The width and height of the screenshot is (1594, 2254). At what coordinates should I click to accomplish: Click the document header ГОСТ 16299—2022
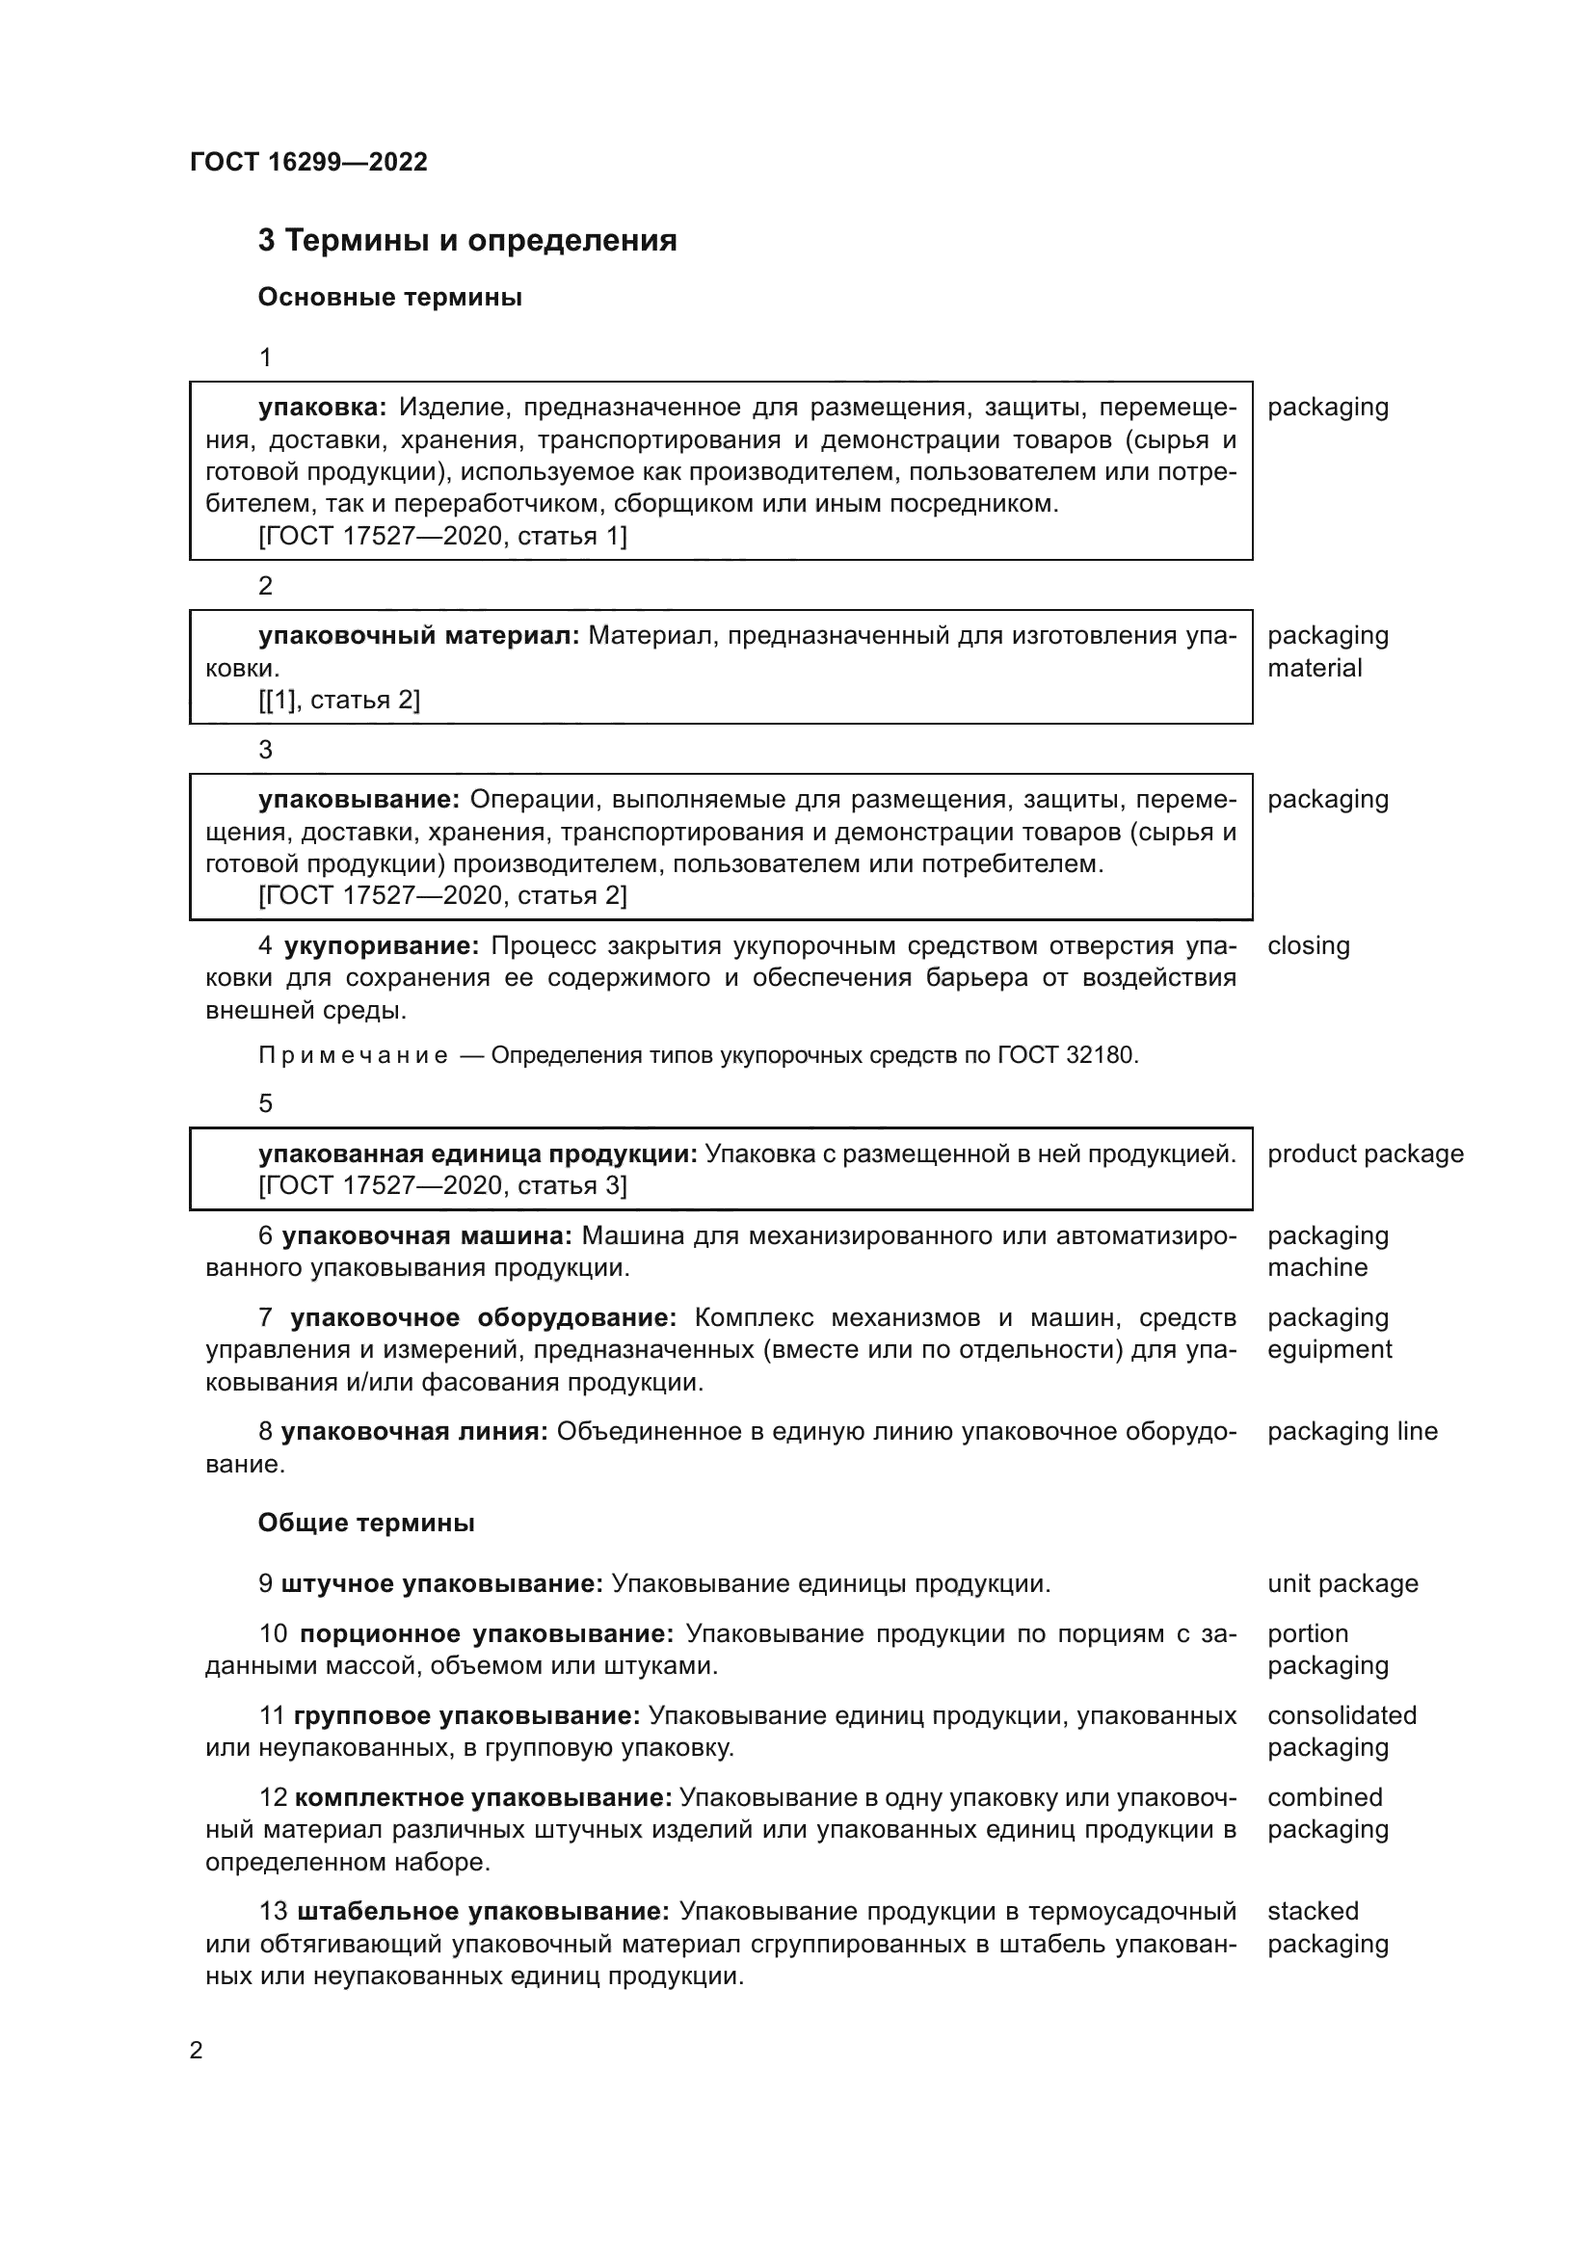pos(308,162)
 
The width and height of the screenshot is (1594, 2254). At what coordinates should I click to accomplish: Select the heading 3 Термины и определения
pos(467,241)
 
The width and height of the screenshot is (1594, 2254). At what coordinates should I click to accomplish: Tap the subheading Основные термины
pos(389,298)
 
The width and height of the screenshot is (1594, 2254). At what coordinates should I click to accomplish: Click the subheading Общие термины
pos(366,1523)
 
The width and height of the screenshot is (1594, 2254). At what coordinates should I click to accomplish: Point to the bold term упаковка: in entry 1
pos(323,408)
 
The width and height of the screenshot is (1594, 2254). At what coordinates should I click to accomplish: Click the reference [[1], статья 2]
pos(338,700)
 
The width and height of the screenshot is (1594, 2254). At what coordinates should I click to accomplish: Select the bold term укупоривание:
pos(381,945)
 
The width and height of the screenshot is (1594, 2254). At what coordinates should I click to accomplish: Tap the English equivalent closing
pos(1309,945)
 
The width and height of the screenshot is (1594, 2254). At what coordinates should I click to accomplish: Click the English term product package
pos(1365,1154)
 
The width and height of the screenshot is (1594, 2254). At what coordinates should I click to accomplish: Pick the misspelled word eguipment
pos(1329,1349)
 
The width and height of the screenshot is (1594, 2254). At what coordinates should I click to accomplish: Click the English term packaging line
pos(1351,1431)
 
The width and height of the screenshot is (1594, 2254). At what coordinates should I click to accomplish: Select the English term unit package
pos(1342,1583)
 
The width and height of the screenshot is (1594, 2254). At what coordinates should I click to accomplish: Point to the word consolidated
pos(1342,1715)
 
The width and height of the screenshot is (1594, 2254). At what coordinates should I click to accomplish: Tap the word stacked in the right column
pos(1313,1911)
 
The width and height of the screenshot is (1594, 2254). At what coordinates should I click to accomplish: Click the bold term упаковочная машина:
pos(427,1236)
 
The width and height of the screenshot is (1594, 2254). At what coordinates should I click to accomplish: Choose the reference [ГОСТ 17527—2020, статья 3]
pos(441,1185)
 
